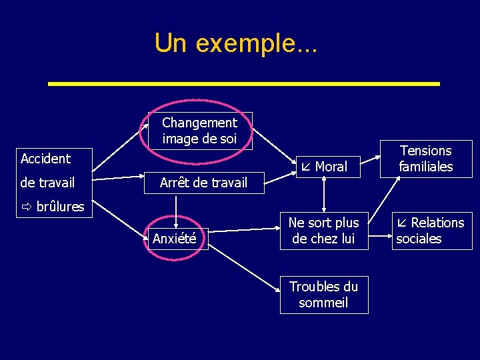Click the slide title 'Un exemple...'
pyautogui.click(x=236, y=43)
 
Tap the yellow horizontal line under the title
pyautogui.click(x=245, y=84)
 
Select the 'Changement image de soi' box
pyautogui.click(x=199, y=131)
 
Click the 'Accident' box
pyautogui.click(x=46, y=159)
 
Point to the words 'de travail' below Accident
pyautogui.click(x=47, y=183)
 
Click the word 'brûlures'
pyautogui.click(x=60, y=207)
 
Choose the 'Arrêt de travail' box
pyautogui.click(x=203, y=183)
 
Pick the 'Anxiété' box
pyautogui.click(x=175, y=239)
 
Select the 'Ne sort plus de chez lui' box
pyautogui.click(x=324, y=231)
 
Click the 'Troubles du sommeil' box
pyautogui.click(x=324, y=295)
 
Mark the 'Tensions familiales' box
pyautogui.click(x=426, y=159)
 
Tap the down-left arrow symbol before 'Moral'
pyautogui.click(x=307, y=167)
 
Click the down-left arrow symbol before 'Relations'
pyautogui.click(x=403, y=223)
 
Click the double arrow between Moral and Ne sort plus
pyautogui.click(x=324, y=196)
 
